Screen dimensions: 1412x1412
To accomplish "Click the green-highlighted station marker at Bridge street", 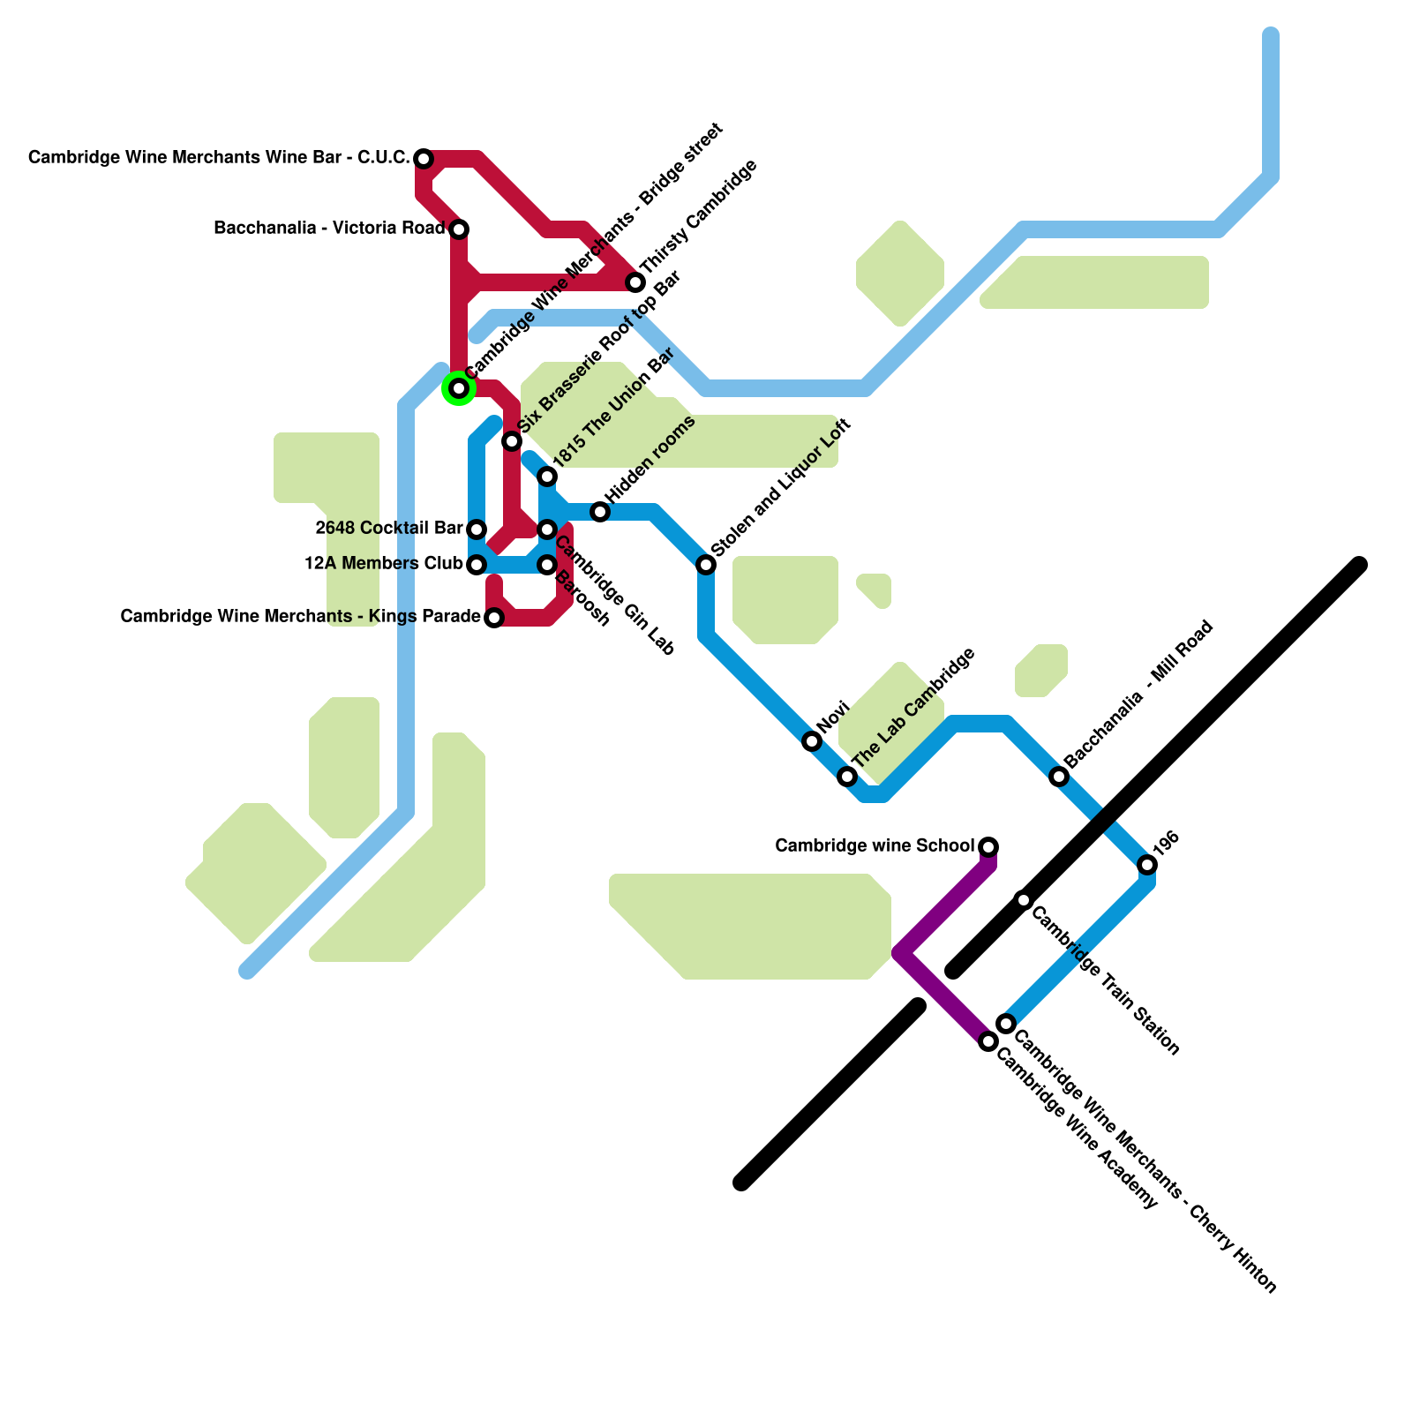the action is [x=459, y=388].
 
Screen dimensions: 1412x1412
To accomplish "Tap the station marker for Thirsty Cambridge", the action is [x=635, y=282].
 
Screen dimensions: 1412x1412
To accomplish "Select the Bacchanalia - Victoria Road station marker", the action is [x=459, y=229].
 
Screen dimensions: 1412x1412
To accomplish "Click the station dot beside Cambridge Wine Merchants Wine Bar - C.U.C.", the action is [x=424, y=159].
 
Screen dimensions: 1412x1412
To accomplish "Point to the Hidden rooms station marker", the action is [x=600, y=512].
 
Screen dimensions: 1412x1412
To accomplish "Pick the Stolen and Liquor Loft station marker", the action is [x=706, y=565].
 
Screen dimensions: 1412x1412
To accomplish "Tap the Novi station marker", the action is [x=812, y=741].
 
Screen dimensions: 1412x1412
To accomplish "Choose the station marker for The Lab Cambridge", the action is [x=847, y=777].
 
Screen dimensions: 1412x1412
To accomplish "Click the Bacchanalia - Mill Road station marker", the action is [x=1059, y=777].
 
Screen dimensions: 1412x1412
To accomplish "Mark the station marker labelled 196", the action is [x=1147, y=865].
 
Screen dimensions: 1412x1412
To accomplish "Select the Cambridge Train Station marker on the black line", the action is [x=1024, y=900].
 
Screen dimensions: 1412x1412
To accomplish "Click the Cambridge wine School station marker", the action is [x=988, y=847].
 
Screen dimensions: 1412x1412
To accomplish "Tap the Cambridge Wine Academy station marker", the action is [x=988, y=1042].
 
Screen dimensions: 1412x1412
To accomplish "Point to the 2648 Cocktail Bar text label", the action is [x=388, y=529].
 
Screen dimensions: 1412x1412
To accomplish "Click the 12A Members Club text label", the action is [x=383, y=564].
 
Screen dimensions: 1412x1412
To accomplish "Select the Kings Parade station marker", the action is [x=494, y=618].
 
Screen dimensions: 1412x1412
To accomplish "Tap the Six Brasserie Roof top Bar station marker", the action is [x=512, y=441].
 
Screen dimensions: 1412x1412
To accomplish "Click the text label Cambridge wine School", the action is [x=874, y=846].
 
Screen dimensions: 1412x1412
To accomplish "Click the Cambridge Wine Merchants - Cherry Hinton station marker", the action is [x=1006, y=1024].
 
